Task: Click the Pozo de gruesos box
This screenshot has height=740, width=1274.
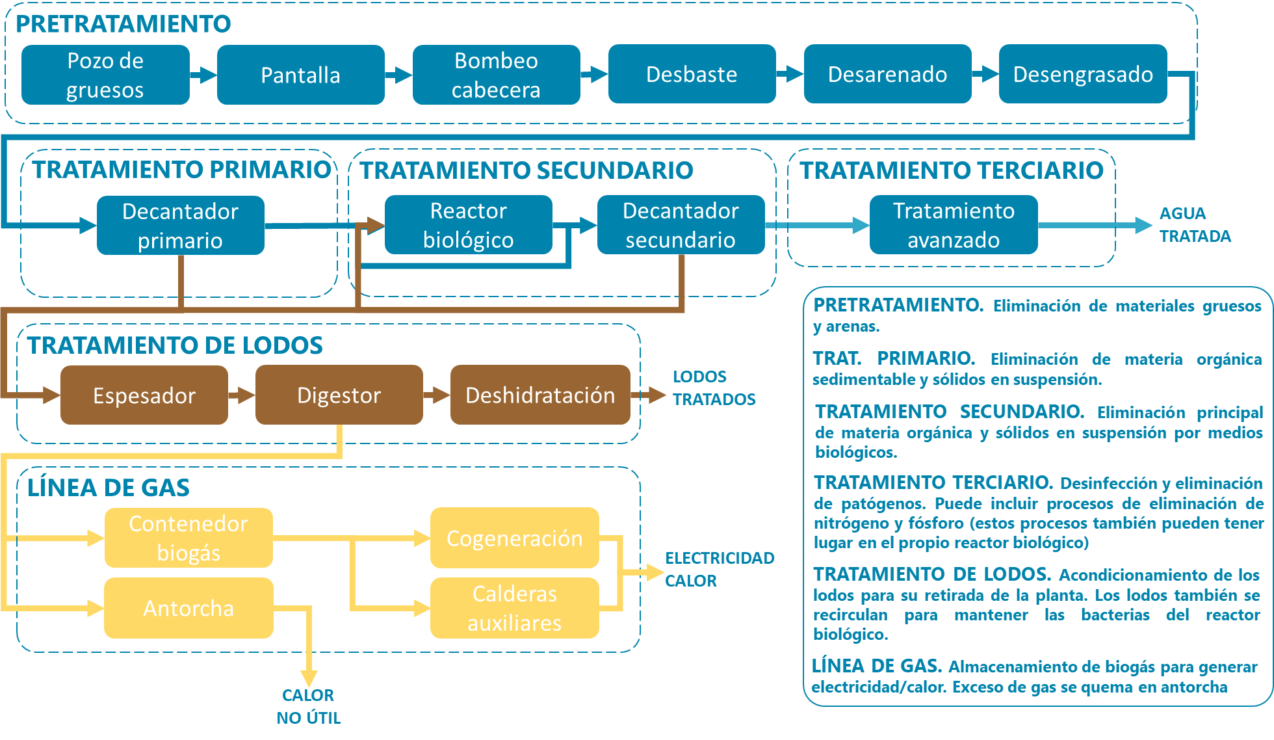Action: point(105,75)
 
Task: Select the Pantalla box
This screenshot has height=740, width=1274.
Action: point(300,75)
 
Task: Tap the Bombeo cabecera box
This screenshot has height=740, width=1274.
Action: point(496,75)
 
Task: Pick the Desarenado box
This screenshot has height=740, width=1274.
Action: point(887,74)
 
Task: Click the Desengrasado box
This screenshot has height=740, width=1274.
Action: point(1083,74)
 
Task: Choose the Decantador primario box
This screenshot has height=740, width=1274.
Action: point(181,226)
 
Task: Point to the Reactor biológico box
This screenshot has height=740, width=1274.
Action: point(468,225)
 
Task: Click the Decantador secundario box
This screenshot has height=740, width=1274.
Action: point(681,225)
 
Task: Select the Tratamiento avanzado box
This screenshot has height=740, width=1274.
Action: point(954,225)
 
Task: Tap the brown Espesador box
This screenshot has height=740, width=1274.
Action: point(144,395)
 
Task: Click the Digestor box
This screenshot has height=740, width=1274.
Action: point(339,395)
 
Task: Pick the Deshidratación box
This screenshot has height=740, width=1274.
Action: point(540,395)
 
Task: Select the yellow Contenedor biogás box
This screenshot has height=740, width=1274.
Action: point(188,538)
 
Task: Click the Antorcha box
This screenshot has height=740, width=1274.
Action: point(188,608)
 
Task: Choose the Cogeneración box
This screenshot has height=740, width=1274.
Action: point(514,538)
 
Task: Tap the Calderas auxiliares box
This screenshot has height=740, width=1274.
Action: point(514,608)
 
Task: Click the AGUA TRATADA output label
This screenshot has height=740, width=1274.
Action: point(1195,225)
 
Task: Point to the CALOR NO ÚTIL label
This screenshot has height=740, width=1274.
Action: point(308,706)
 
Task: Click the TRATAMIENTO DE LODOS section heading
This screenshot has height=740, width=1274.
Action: point(175,345)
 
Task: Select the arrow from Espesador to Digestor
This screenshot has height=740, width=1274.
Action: point(242,395)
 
